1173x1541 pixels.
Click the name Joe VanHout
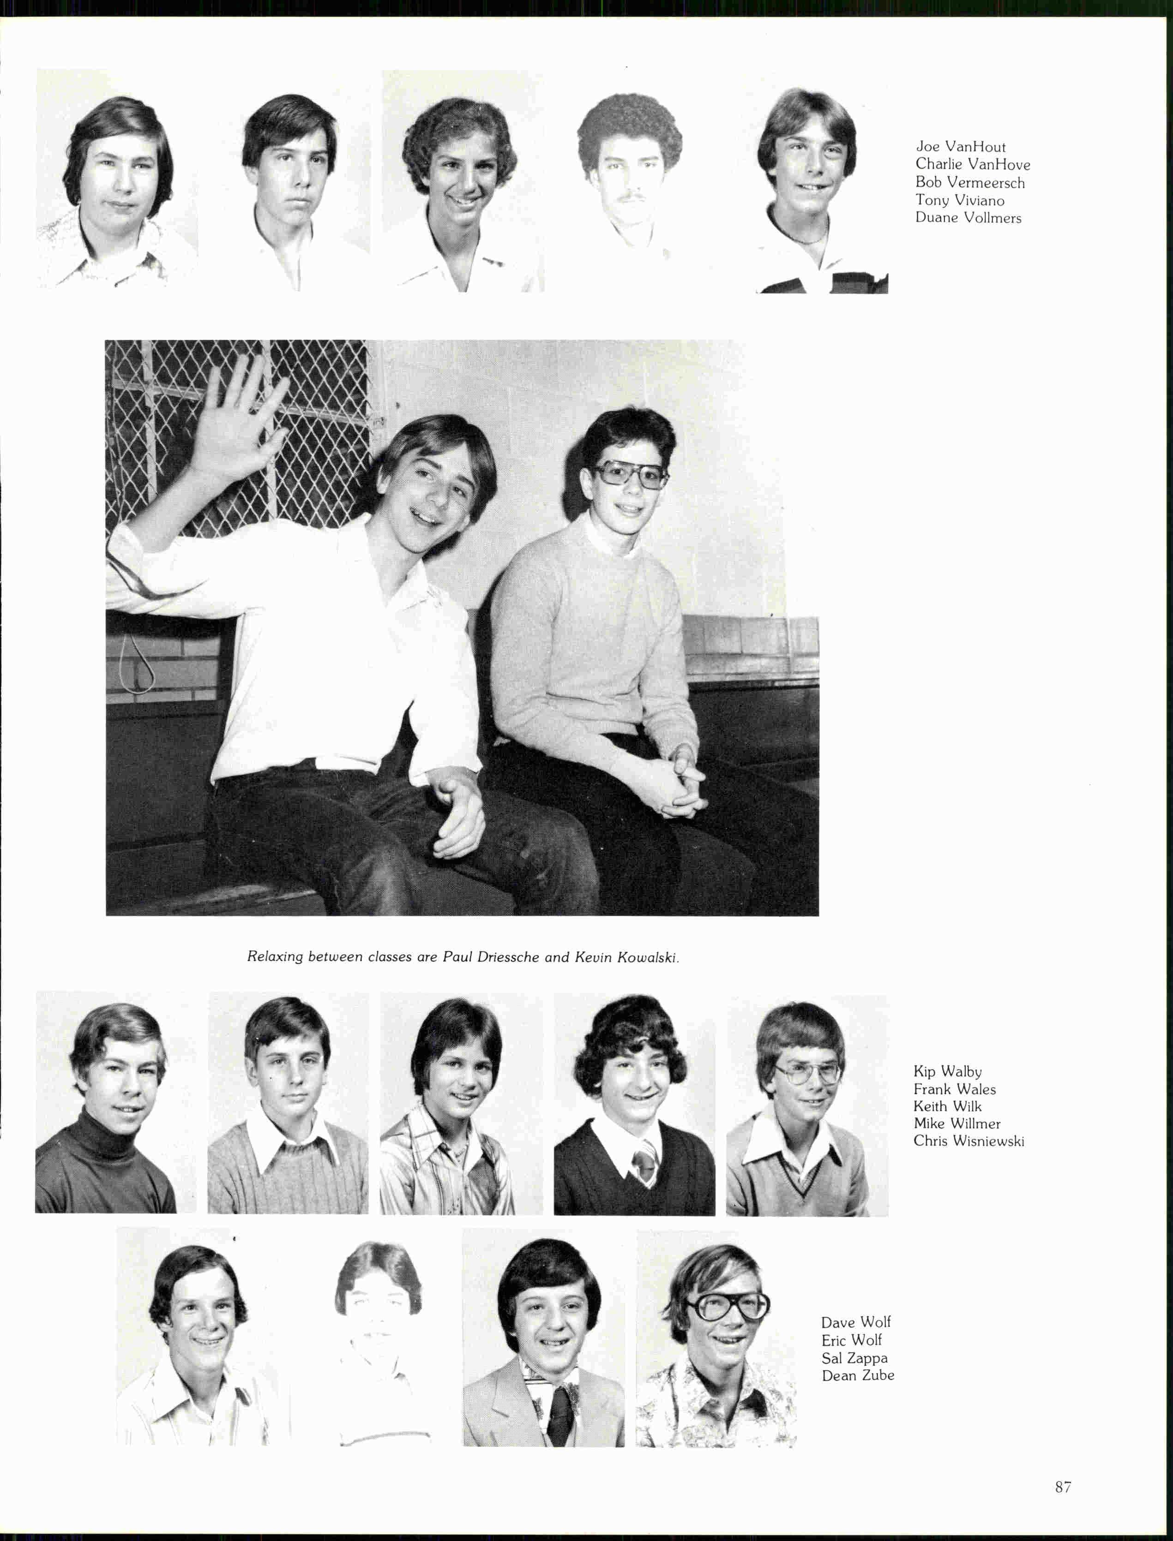pyautogui.click(x=961, y=147)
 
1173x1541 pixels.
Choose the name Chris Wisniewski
pyautogui.click(x=968, y=1141)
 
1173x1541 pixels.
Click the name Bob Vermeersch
pyautogui.click(x=970, y=183)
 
